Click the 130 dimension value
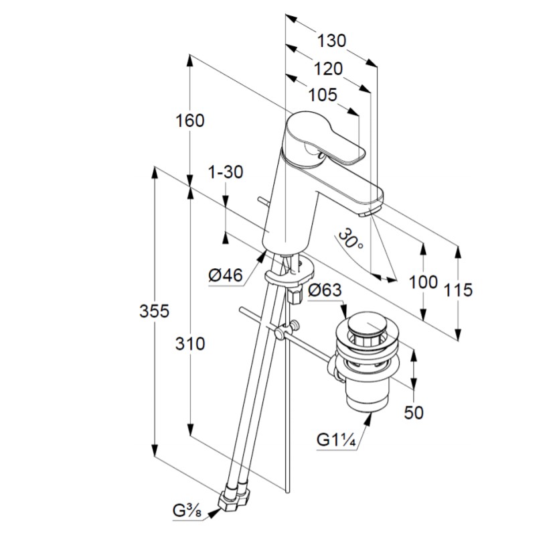pos(331,41)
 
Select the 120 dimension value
pos(327,68)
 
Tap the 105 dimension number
pos(322,95)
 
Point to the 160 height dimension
pos(189,121)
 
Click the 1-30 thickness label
pos(226,172)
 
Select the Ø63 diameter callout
pos(325,290)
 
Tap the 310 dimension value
pos(190,344)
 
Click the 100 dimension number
pos(422,282)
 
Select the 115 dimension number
pos(458,290)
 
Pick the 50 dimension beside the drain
pos(414,412)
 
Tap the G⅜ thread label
pos(187,510)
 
